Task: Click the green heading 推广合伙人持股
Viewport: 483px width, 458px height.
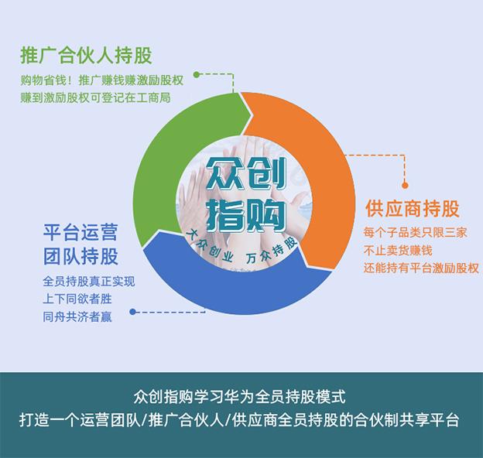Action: point(86,56)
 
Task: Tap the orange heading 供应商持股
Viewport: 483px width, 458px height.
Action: point(413,208)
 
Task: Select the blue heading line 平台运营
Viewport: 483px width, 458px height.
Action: point(80,232)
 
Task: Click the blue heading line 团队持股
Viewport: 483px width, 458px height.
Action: point(80,256)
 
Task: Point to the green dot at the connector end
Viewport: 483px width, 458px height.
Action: point(197,74)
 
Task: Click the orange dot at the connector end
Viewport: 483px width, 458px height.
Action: point(405,186)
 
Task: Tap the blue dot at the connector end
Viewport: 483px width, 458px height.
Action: point(133,312)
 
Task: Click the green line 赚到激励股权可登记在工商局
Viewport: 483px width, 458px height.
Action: point(95,98)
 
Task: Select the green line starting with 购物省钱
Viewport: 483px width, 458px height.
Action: point(101,80)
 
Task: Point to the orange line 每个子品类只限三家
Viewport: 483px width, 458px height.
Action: point(415,232)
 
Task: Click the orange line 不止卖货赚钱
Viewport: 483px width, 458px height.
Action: point(398,250)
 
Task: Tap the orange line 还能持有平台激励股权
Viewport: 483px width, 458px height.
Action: point(421,268)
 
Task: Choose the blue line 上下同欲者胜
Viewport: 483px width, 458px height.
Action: point(77,299)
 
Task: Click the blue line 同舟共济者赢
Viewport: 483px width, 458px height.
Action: point(77,316)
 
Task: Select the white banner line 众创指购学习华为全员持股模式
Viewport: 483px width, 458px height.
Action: point(240,397)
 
